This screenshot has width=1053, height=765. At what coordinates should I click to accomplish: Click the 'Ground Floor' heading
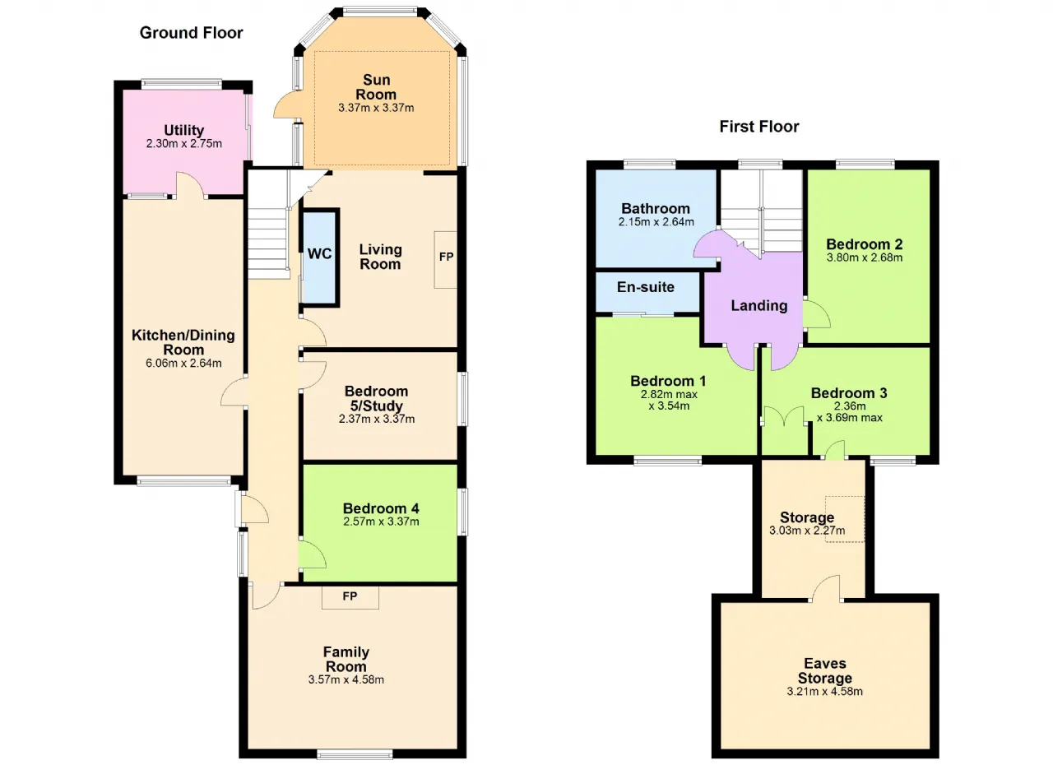click(192, 33)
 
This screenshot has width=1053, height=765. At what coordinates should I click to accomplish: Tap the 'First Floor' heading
click(759, 127)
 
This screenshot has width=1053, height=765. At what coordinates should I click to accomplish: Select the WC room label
click(320, 253)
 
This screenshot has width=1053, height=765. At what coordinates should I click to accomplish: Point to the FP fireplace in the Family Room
click(350, 597)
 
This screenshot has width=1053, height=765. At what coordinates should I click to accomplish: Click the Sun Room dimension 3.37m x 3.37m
click(376, 108)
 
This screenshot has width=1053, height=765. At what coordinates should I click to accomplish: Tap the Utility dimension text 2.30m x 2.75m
click(183, 143)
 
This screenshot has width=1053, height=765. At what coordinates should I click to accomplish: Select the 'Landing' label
click(759, 306)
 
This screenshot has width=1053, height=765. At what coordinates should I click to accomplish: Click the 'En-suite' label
click(646, 286)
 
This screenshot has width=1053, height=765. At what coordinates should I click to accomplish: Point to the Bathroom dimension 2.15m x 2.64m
click(656, 222)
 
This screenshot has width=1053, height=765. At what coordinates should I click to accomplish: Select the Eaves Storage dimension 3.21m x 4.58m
click(825, 691)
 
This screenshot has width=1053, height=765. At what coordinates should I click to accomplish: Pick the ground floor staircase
click(268, 225)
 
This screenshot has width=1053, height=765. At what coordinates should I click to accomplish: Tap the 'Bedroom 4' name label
click(381, 508)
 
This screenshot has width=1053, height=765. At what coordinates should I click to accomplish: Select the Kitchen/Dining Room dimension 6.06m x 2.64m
click(183, 363)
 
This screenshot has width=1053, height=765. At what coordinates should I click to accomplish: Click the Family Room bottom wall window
click(355, 755)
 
